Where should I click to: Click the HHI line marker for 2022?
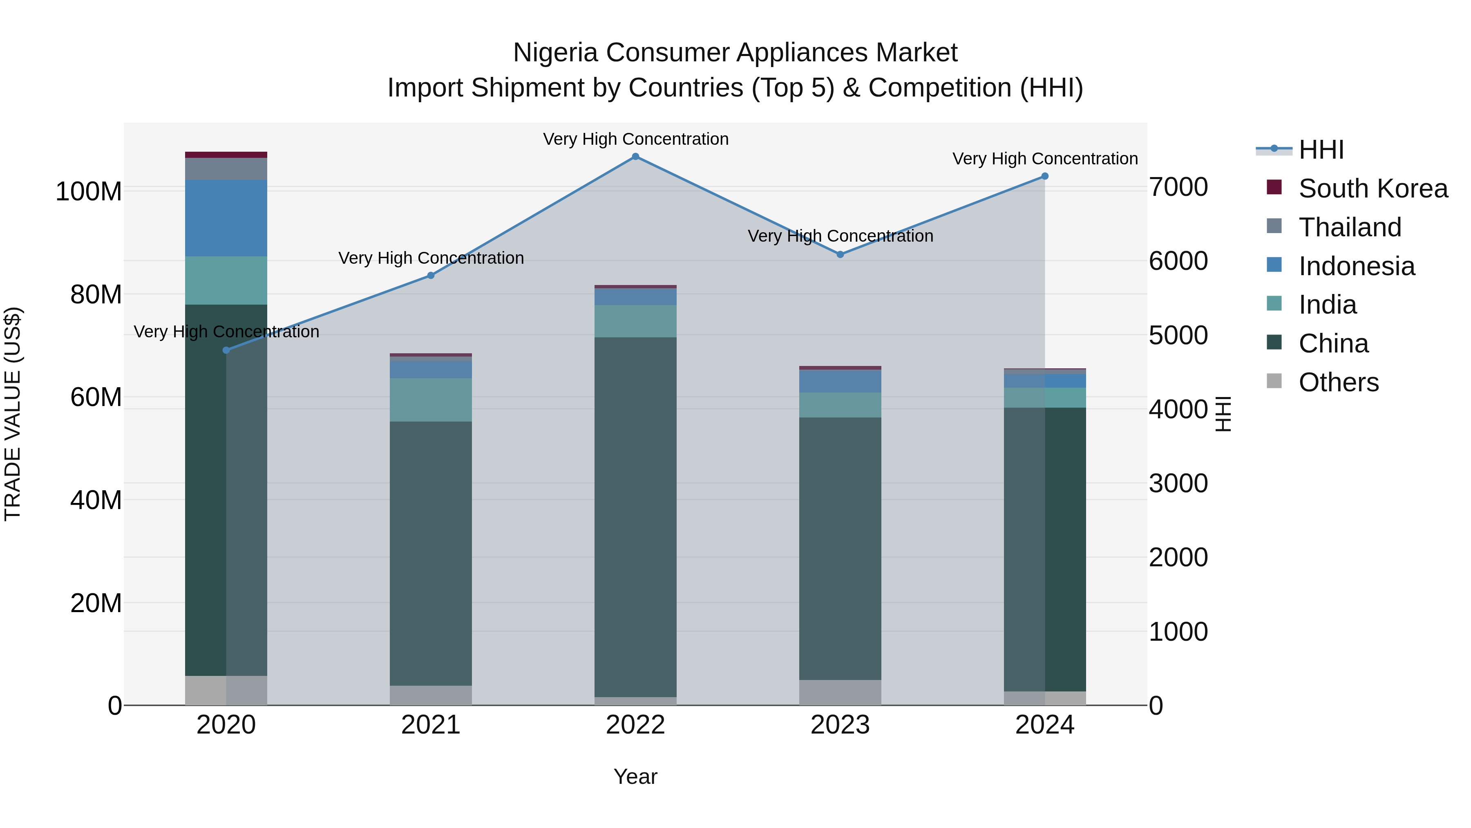click(635, 157)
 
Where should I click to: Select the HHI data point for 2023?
click(840, 254)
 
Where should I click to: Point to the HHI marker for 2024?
click(1044, 176)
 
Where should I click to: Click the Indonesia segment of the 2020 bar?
click(226, 218)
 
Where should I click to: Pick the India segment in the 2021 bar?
click(431, 400)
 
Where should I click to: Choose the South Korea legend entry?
click(1373, 188)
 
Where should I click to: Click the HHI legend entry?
click(1321, 150)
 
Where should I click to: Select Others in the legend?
click(1339, 382)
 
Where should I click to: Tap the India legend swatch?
click(1274, 303)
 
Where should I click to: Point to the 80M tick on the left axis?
click(96, 295)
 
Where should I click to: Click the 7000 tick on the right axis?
click(1178, 187)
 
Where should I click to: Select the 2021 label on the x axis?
click(431, 725)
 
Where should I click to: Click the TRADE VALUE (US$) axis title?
click(13, 414)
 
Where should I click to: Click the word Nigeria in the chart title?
click(556, 53)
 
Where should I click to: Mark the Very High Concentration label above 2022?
click(635, 139)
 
